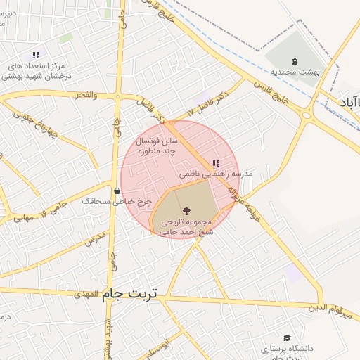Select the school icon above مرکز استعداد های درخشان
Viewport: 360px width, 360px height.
coord(36,54)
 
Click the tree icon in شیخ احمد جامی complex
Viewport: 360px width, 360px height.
coord(186,210)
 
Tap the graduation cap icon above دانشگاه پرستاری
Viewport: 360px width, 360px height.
coord(286,337)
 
